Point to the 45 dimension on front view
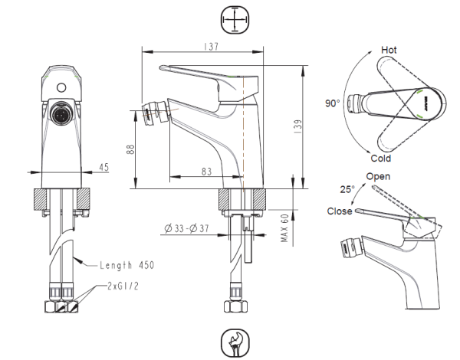104,167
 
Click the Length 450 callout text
127,266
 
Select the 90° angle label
331,102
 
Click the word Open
379,176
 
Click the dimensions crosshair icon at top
233,18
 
